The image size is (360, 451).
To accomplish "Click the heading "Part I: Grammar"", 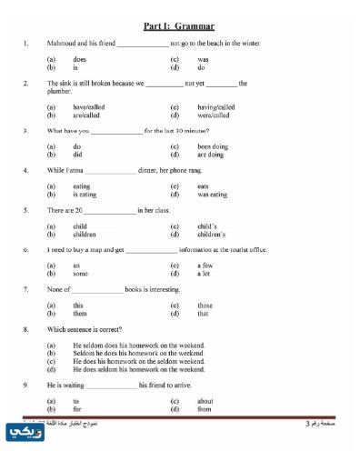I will pyautogui.click(x=185, y=26).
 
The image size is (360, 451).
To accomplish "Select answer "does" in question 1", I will pyautogui.click(x=79, y=59).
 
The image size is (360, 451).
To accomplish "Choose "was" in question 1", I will pyautogui.click(x=203, y=59).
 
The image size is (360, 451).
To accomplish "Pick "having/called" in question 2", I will pyautogui.click(x=215, y=107).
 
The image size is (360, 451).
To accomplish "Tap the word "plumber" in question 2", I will pyautogui.click(x=61, y=92).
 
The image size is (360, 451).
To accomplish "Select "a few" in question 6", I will pyautogui.click(x=205, y=266).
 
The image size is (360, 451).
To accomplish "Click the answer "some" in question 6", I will pyautogui.click(x=80, y=273).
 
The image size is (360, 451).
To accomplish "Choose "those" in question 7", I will pyautogui.click(x=205, y=306).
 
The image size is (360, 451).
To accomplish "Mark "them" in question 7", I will pyautogui.click(x=80, y=313).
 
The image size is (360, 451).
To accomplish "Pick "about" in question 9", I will pyautogui.click(x=205, y=400).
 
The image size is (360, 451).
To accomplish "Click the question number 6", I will pyautogui.click(x=25, y=249).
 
